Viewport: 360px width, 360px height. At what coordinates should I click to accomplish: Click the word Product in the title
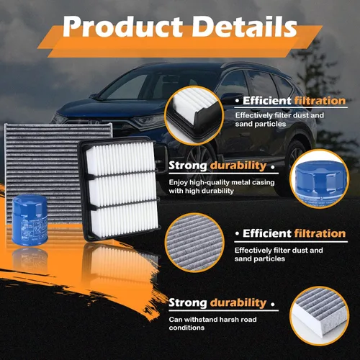coord(122,27)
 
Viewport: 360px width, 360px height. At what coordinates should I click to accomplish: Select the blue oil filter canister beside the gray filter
coord(30,220)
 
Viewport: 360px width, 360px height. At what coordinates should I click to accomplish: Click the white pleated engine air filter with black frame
coord(120,189)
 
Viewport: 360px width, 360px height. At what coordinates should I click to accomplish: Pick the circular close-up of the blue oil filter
coord(320,179)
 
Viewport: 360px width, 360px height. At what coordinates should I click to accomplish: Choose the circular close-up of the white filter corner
coord(194,116)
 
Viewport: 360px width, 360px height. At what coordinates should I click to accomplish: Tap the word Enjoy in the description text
coord(179,183)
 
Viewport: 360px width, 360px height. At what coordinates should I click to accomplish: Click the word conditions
coord(186,328)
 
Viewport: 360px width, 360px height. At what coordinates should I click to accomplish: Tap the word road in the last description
coord(249,320)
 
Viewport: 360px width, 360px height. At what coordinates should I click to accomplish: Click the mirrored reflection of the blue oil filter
coord(30,261)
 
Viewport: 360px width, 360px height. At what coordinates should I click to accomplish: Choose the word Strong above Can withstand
coord(188,302)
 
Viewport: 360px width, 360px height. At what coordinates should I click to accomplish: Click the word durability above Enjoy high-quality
coord(238,166)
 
